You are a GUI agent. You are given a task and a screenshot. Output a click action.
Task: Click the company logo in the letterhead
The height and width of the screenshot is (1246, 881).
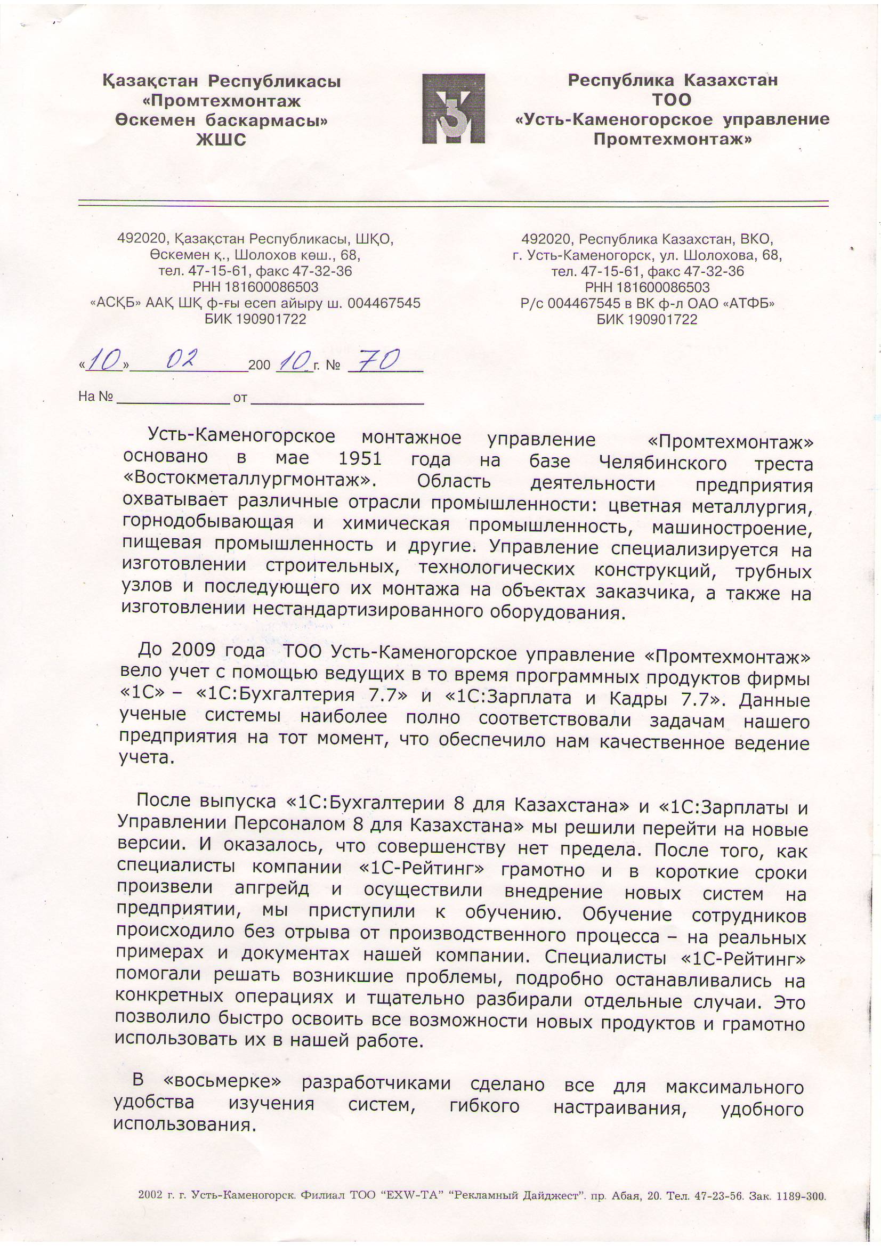pos(453,109)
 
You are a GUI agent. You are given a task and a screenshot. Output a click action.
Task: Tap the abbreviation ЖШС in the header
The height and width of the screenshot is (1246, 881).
pos(221,140)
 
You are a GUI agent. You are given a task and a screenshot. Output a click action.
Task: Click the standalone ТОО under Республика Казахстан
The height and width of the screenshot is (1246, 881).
pos(672,100)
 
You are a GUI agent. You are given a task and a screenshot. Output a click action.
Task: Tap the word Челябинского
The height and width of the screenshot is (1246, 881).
pos(663,463)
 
